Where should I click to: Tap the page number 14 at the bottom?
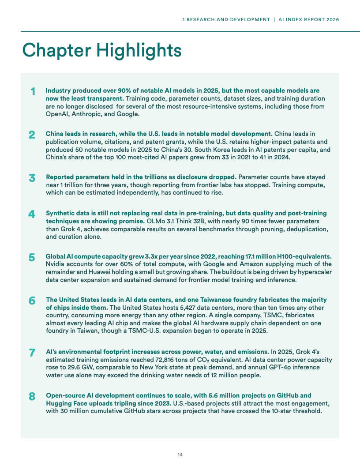(x=180, y=455)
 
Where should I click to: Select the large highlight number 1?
(x=33, y=92)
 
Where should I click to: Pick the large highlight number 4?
(x=32, y=214)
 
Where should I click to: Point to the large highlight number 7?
(x=32, y=353)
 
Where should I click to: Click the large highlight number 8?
(x=32, y=396)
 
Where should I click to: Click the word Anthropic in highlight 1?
(x=86, y=114)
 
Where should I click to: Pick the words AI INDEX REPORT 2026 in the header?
(x=309, y=19)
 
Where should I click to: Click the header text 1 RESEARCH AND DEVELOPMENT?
(x=226, y=19)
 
